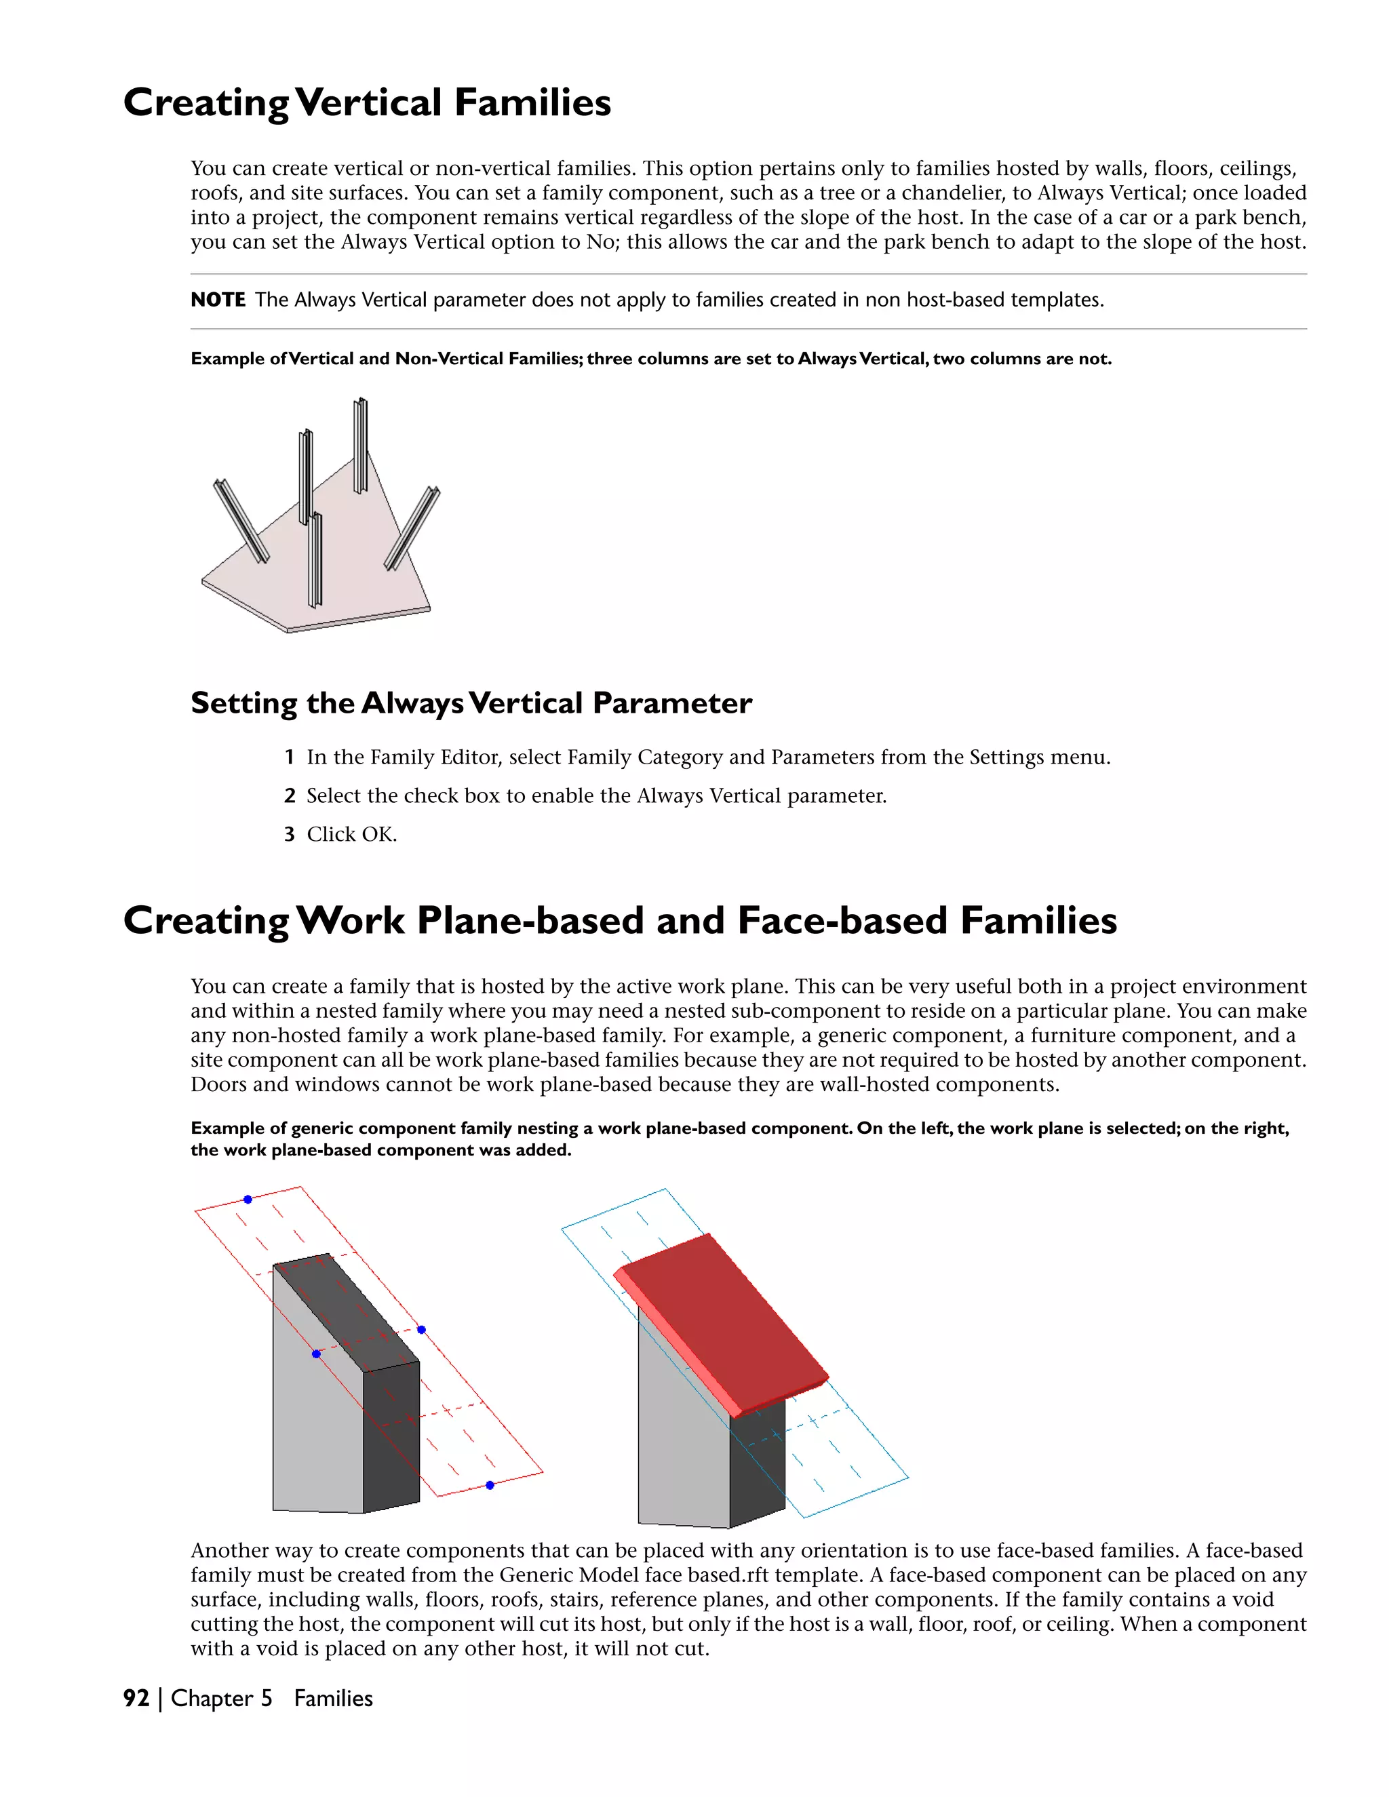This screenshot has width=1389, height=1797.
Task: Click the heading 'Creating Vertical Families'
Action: (367, 104)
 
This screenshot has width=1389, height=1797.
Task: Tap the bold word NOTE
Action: (218, 300)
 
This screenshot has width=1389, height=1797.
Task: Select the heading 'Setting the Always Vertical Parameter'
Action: (471, 703)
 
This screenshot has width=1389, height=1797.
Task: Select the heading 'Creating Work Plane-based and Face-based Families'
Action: (620, 921)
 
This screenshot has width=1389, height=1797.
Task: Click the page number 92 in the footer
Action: (136, 1698)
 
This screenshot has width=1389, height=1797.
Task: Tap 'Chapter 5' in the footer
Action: (221, 1698)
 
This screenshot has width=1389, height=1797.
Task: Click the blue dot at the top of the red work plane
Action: (248, 1200)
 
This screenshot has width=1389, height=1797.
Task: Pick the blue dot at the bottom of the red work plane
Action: (490, 1485)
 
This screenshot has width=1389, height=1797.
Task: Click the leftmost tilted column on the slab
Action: (241, 521)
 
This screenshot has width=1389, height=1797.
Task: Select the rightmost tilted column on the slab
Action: (412, 528)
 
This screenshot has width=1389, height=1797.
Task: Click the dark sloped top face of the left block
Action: (346, 1308)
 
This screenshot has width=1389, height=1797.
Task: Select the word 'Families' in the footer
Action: (333, 1698)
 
